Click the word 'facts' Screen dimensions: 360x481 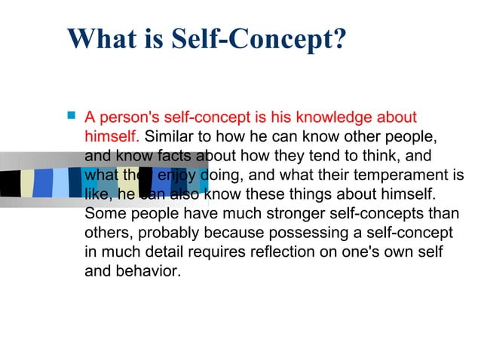tap(179, 157)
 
